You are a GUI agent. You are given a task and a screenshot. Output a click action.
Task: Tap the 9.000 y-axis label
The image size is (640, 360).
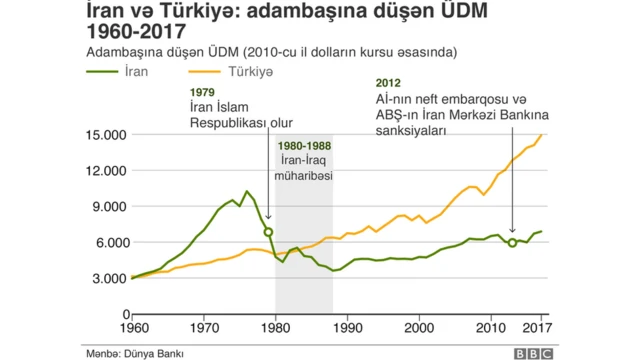105,206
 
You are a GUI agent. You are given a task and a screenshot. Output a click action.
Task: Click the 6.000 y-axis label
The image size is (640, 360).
105,242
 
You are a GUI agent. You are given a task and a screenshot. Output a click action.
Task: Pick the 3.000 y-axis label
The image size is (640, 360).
105,278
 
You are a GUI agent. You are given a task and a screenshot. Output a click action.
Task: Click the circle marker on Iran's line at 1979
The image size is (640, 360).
268,232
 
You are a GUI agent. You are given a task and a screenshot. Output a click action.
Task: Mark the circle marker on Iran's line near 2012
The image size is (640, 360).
512,242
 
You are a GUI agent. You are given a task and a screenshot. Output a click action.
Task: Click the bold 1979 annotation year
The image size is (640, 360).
202,92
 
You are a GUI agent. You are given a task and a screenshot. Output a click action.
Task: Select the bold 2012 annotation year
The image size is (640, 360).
389,82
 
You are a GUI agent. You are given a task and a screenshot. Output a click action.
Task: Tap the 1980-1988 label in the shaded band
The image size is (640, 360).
304,146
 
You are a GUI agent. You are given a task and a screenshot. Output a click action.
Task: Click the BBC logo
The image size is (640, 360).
535,352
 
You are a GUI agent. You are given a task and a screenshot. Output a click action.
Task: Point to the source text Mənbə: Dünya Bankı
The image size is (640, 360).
134,351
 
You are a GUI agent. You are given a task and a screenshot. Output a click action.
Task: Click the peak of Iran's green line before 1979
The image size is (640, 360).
247,191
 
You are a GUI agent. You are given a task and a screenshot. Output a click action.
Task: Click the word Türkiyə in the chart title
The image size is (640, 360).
195,12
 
